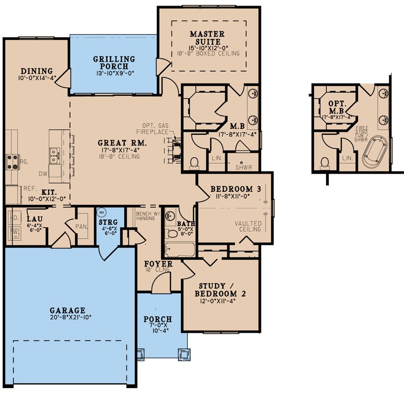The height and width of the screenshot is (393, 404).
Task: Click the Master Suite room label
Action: click(x=207, y=37)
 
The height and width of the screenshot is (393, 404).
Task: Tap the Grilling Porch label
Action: click(x=114, y=63)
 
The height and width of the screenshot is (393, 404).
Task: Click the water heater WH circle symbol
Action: click(x=101, y=212)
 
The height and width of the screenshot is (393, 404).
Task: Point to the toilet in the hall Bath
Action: click(x=172, y=233)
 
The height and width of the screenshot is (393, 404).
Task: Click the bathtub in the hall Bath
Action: click(x=180, y=250)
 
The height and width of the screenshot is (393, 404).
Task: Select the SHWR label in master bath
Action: click(x=243, y=167)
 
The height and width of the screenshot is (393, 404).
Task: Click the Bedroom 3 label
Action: click(x=236, y=189)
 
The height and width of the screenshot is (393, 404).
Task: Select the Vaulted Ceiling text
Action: click(x=248, y=226)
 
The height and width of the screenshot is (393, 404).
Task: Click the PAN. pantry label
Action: click(x=82, y=226)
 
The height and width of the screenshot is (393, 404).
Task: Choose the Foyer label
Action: click(x=158, y=264)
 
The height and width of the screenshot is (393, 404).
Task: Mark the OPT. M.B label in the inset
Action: click(x=337, y=107)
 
